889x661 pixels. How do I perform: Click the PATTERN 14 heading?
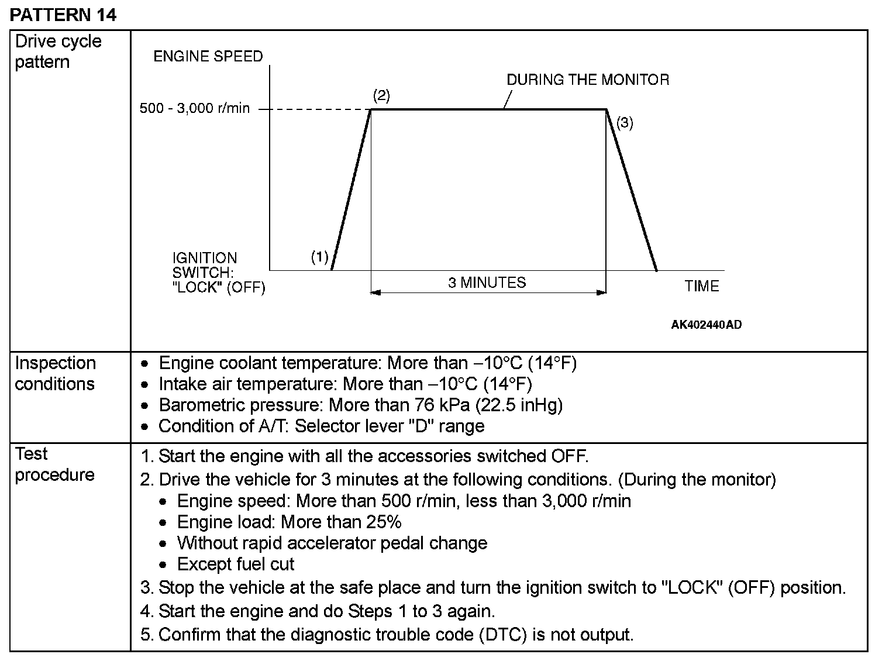coord(63,15)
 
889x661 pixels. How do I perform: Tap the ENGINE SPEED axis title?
coord(208,57)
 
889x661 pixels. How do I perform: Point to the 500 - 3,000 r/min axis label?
coord(194,109)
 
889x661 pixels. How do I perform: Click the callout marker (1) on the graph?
coord(319,257)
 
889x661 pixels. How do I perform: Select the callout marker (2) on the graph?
coord(381,95)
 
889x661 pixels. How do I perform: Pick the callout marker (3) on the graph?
coord(625,123)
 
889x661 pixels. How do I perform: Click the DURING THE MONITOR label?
coord(588,80)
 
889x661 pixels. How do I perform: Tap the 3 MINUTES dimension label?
coord(487,283)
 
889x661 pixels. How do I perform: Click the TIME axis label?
coord(702,286)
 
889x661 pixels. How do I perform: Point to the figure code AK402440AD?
coord(706,325)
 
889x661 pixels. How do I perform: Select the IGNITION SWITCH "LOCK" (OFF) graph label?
coord(218,273)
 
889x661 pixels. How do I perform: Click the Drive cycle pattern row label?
coord(58,51)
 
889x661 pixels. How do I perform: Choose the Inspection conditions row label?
coord(55,373)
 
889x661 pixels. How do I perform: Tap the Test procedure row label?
coord(54,464)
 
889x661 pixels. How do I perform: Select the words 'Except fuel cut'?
coord(236,564)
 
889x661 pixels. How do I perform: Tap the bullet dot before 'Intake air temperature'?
coord(146,385)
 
